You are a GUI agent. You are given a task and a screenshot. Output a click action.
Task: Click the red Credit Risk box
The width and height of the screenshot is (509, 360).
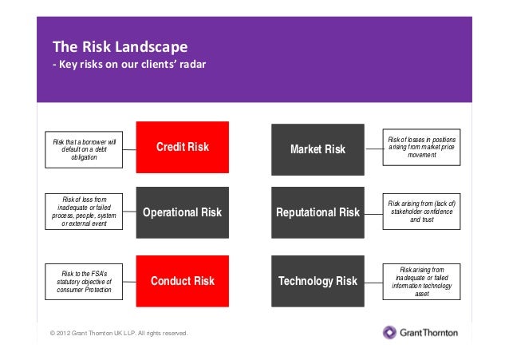pyautogui.click(x=182, y=147)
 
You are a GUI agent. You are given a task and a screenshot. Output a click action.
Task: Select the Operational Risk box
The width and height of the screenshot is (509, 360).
pyautogui.click(x=182, y=212)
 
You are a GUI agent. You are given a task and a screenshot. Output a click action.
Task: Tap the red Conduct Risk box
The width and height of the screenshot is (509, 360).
pyautogui.click(x=182, y=281)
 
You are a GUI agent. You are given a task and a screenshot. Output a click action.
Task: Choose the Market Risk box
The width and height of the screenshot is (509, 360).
pyautogui.click(x=318, y=149)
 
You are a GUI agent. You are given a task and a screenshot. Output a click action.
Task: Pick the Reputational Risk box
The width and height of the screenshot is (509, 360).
pyautogui.click(x=318, y=212)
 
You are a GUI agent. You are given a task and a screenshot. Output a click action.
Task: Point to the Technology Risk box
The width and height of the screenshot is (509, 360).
pyautogui.click(x=318, y=281)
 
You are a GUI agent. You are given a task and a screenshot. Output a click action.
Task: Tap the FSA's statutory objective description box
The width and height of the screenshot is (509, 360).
pyautogui.click(x=84, y=282)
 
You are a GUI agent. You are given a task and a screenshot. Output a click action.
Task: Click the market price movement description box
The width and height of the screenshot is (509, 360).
pyautogui.click(x=422, y=147)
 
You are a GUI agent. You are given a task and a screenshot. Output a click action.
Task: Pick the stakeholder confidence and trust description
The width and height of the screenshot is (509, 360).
pyautogui.click(x=422, y=211)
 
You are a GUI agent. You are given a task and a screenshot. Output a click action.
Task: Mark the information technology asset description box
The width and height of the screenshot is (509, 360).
pyautogui.click(x=422, y=282)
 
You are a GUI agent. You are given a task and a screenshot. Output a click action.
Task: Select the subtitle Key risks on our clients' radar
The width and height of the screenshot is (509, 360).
pyautogui.click(x=129, y=65)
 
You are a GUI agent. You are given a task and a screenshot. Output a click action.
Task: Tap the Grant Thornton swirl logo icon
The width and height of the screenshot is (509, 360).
pyautogui.click(x=389, y=332)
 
